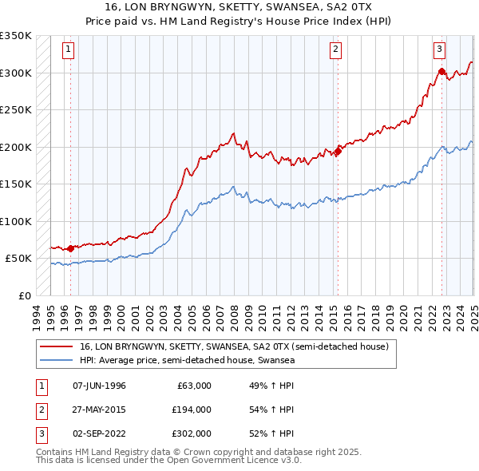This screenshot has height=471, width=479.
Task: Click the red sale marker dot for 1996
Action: click(x=70, y=248)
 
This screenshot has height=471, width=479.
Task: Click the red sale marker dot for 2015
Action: click(x=338, y=151)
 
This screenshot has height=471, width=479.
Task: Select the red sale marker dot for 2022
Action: click(x=441, y=71)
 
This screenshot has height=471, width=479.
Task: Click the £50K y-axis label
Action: click(x=18, y=259)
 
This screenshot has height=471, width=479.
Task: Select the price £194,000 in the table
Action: click(x=191, y=410)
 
